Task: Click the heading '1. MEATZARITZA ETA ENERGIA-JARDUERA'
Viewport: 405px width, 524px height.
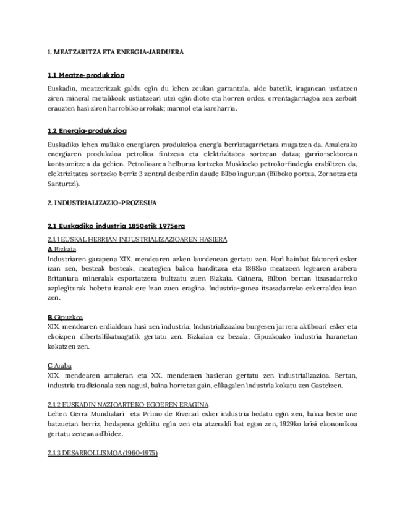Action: tap(116, 53)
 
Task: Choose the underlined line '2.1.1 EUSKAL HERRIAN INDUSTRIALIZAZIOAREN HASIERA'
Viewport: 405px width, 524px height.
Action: tap(137, 239)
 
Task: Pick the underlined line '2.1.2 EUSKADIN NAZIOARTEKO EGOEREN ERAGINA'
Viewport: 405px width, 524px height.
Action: tap(127, 404)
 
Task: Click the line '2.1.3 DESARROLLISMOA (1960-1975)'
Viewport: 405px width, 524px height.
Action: tap(103, 453)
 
